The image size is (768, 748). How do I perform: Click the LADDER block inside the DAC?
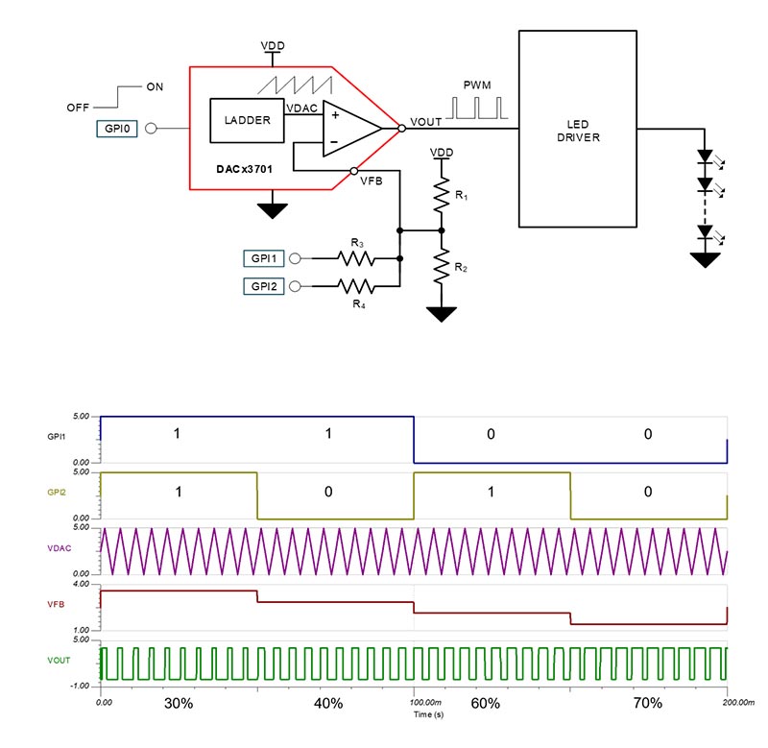point(247,120)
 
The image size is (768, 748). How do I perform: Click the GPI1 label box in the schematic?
point(263,258)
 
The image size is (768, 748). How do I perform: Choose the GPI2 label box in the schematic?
point(263,286)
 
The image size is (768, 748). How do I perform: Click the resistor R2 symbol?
point(442,264)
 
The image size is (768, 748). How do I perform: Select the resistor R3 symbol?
point(356,258)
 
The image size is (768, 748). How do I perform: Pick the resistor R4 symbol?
point(356,286)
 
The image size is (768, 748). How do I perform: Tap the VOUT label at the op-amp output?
point(425,123)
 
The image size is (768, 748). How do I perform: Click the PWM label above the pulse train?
point(477,85)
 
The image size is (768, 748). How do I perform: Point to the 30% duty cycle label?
point(180,703)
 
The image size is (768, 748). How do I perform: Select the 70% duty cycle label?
point(648,703)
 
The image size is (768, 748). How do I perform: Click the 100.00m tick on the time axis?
point(414,702)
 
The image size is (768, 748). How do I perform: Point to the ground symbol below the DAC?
point(274,207)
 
